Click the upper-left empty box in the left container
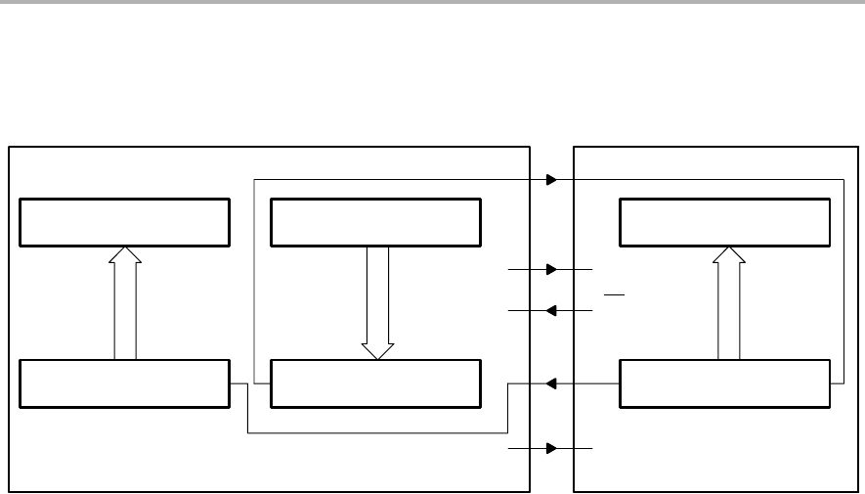(124, 222)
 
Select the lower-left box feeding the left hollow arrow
(124, 383)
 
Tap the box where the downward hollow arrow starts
(375, 222)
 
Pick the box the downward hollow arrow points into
(375, 383)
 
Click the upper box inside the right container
(726, 222)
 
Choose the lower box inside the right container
(726, 383)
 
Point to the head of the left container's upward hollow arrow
(124, 254)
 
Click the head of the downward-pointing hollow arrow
(377, 351)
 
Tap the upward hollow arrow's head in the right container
(728, 254)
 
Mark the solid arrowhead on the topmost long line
(552, 180)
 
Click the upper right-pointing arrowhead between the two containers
(552, 269)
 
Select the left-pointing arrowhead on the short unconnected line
(551, 311)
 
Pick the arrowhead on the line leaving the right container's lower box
(551, 384)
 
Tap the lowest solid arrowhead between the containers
(552, 448)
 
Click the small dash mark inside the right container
(614, 292)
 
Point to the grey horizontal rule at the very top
(432, 2)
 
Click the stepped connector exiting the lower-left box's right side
(238, 383)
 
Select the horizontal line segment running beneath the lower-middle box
(377, 431)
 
